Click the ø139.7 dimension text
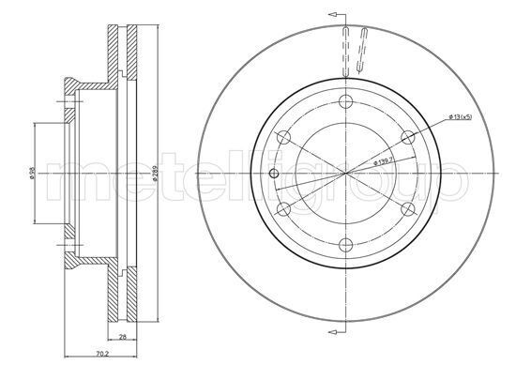click(387, 157)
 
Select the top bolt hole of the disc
click(345, 102)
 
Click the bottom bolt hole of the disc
click(345, 246)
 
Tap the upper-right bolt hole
click(407, 138)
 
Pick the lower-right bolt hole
click(407, 209)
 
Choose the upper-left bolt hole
click(282, 138)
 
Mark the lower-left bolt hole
click(282, 209)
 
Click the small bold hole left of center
click(274, 174)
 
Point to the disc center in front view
click(345, 174)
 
